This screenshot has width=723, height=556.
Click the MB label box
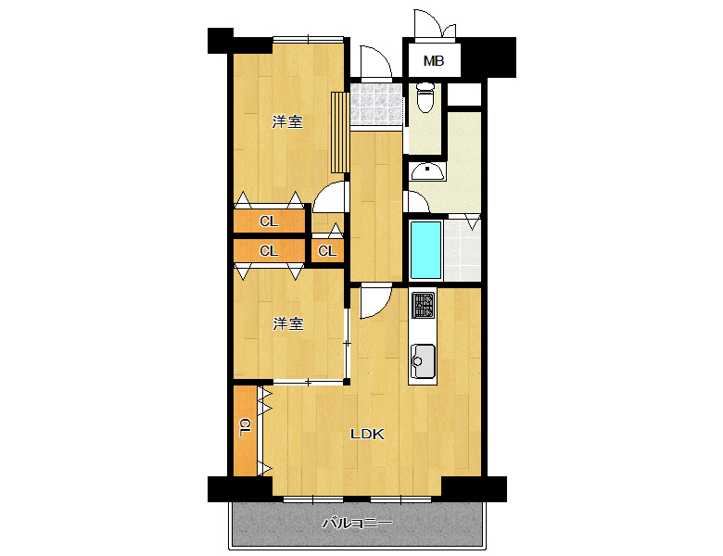[x=434, y=60]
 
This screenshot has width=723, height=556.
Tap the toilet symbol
[x=425, y=97]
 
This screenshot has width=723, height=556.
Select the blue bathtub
[x=425, y=250]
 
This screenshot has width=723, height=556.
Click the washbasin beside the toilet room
[x=427, y=171]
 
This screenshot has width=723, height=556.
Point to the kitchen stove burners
[x=423, y=305]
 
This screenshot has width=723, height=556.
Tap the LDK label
[x=367, y=434]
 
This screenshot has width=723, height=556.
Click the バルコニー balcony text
[x=358, y=523]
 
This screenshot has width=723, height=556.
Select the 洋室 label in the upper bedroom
[x=287, y=121]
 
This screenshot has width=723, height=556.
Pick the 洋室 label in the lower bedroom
[x=288, y=323]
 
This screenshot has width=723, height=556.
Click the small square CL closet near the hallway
[x=327, y=250]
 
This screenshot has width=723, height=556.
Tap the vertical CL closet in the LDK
[x=245, y=431]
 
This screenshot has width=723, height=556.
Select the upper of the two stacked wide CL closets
[x=270, y=221]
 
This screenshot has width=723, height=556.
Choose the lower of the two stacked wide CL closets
[x=270, y=251]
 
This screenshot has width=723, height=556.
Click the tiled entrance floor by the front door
[x=375, y=104]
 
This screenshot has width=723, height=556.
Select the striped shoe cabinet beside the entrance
[x=340, y=133]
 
